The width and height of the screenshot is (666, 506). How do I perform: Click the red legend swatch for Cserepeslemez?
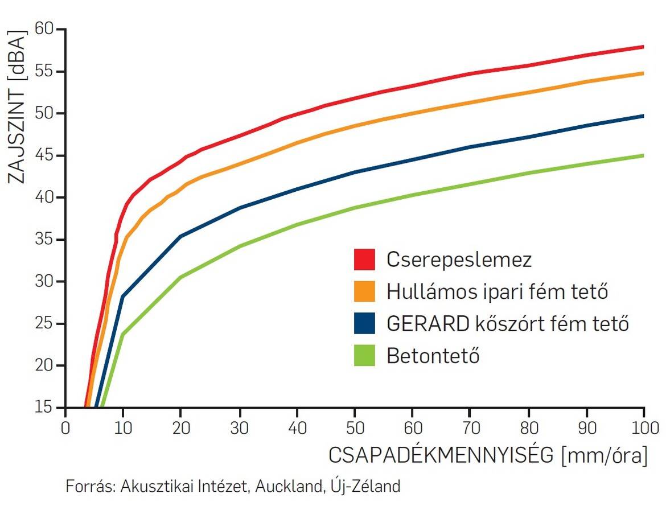(364, 260)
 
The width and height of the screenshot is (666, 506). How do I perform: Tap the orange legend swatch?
(364, 292)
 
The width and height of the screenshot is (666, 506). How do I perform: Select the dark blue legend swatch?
(364, 324)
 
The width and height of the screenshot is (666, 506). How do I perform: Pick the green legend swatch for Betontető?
(364, 356)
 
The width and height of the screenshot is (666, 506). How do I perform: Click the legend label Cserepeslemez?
(459, 260)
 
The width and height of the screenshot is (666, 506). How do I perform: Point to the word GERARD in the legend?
(425, 324)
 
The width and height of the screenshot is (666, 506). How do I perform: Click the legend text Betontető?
(433, 357)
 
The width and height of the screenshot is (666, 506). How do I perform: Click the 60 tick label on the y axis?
(47, 29)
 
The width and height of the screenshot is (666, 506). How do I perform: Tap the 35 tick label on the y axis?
(47, 240)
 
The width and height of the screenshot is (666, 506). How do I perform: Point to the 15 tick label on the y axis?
(48, 408)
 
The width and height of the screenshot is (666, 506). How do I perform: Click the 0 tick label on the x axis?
(65, 427)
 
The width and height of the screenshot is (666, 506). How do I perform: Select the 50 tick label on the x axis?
(354, 427)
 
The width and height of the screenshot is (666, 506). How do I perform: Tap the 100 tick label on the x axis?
(643, 427)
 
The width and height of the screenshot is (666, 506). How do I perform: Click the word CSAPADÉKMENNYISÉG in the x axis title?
(442, 456)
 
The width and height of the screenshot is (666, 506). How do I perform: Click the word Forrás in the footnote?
(85, 487)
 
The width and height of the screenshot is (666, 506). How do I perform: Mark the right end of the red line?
(643, 47)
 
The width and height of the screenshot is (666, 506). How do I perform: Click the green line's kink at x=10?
(123, 334)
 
